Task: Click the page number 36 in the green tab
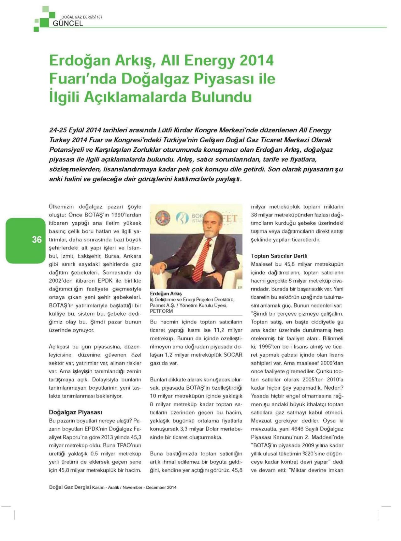click(x=37, y=240)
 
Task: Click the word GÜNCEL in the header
click(x=68, y=24)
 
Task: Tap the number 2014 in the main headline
click(x=257, y=61)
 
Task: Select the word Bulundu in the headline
click(x=222, y=97)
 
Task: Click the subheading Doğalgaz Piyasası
click(x=75, y=412)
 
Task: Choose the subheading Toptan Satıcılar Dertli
click(x=279, y=256)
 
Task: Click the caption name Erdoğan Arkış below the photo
click(x=166, y=294)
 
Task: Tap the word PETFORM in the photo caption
click(x=161, y=311)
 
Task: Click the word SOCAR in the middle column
click(x=233, y=355)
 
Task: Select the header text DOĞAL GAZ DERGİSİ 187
click(x=82, y=17)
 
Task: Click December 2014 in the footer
click(x=161, y=487)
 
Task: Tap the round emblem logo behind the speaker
click(x=163, y=218)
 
